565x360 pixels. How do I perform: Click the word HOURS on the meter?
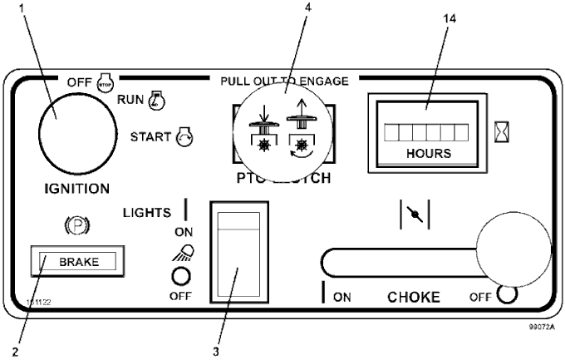pyautogui.click(x=430, y=154)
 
